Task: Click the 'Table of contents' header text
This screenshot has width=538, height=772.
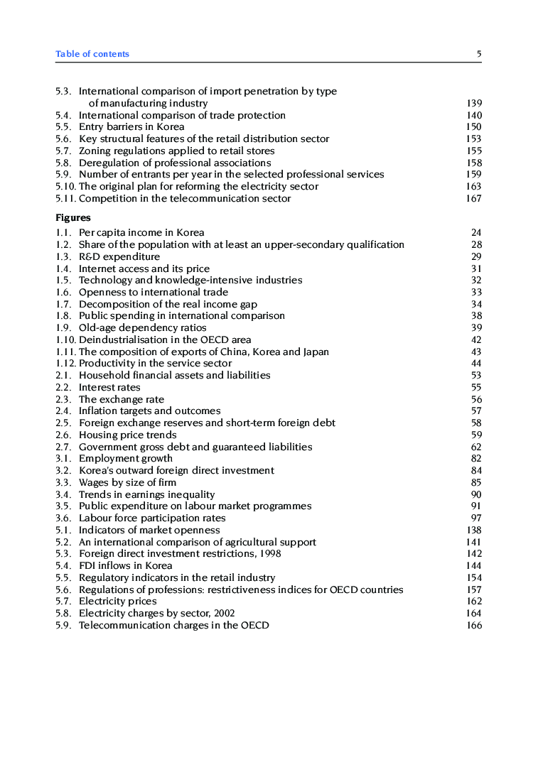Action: [x=92, y=54]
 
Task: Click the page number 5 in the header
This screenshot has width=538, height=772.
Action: [x=479, y=54]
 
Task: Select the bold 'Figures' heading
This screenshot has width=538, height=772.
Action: [x=73, y=218]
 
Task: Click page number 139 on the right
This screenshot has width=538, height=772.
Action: [x=474, y=104]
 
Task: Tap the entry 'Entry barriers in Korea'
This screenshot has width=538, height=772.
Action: [x=131, y=127]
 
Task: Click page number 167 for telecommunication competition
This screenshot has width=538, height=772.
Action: [x=474, y=199]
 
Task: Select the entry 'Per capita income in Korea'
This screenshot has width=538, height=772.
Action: [x=141, y=233]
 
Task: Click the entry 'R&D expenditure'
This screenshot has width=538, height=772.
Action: [x=119, y=256]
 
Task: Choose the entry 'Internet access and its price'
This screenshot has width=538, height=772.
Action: [x=144, y=268]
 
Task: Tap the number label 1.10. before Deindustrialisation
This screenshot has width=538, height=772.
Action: [x=66, y=340]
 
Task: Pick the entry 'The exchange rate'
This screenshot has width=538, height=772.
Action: [x=122, y=400]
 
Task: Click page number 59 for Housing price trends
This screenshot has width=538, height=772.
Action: [x=476, y=435]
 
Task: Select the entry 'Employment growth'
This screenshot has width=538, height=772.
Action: [x=126, y=459]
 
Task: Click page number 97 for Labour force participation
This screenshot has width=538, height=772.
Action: [x=476, y=518]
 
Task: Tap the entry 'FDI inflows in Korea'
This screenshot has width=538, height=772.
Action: [x=126, y=566]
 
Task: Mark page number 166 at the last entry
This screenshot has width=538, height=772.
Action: [x=474, y=626]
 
